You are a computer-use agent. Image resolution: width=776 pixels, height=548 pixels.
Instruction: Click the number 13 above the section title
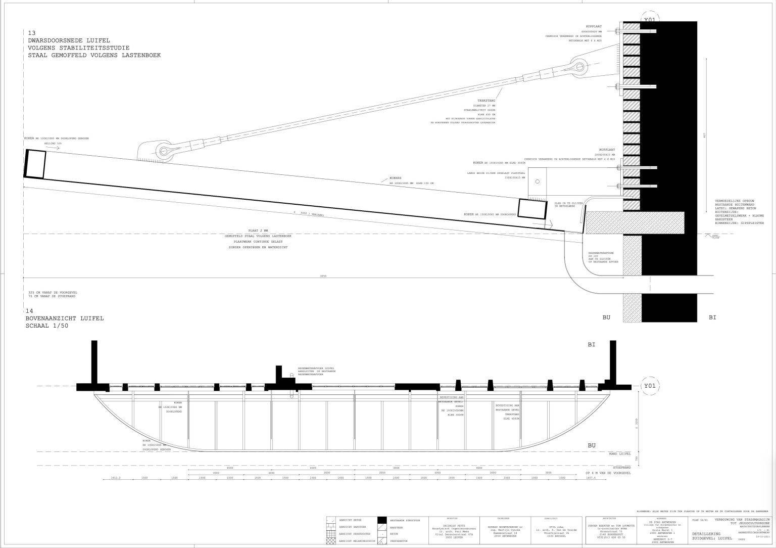tap(32, 33)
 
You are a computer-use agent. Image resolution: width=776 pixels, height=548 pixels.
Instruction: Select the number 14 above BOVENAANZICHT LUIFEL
tap(29, 311)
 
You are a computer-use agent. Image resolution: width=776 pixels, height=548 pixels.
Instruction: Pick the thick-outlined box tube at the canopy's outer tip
tap(35, 163)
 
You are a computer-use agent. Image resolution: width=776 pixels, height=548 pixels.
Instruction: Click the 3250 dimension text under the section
tap(323, 276)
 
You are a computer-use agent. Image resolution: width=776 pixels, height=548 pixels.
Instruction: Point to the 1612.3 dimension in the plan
tap(116, 478)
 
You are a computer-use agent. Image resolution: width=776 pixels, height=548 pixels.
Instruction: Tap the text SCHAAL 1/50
tap(47, 326)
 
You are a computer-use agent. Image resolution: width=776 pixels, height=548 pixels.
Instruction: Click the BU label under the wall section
tap(606, 317)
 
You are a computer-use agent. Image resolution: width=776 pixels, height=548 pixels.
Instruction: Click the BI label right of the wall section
tap(712, 317)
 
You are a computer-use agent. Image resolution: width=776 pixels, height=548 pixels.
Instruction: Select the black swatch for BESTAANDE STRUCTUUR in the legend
tap(383, 520)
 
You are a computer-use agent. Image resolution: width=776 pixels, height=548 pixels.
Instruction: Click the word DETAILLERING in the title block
tap(706, 534)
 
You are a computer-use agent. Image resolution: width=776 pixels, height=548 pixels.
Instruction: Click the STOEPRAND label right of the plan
tap(622, 468)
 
